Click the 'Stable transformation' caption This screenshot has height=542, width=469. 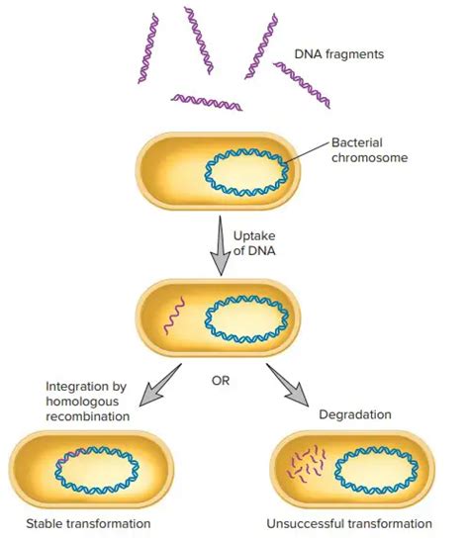click(90, 523)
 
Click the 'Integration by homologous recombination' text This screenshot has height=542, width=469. click(87, 402)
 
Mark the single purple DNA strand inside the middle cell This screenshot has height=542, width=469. click(173, 318)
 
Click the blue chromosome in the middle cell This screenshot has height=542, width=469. click(247, 319)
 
